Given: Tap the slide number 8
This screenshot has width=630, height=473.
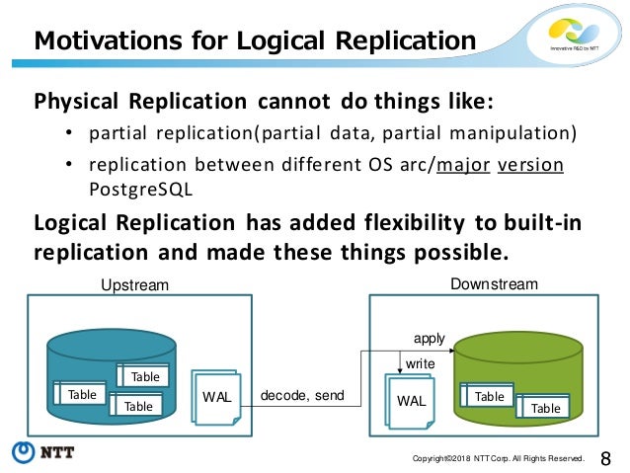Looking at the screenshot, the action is click(x=606, y=456).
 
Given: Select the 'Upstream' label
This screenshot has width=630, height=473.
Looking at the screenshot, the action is click(x=135, y=285).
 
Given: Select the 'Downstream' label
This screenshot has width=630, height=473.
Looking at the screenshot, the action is click(x=494, y=284).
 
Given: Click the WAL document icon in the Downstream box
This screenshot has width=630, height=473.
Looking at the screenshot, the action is click(x=412, y=402).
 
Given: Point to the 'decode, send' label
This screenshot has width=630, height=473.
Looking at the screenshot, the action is click(x=302, y=396).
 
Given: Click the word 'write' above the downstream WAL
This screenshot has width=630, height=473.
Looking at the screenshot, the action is click(x=421, y=363).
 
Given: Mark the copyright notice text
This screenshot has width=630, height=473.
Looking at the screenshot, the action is click(x=499, y=458).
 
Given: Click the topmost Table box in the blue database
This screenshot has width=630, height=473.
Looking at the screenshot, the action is click(x=145, y=376).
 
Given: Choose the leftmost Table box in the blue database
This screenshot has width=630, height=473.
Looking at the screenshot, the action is click(x=82, y=394).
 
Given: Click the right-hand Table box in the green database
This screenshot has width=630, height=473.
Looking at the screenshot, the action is click(x=545, y=407).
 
